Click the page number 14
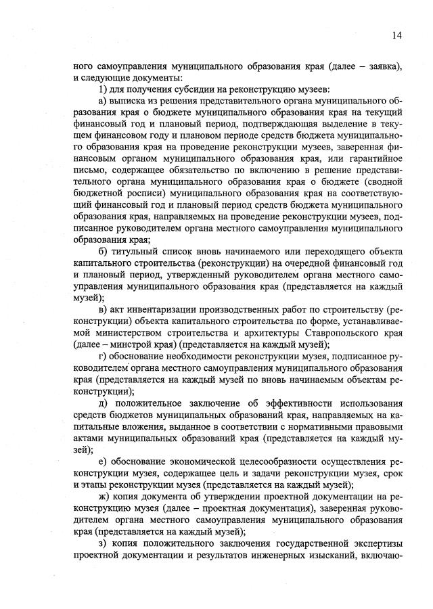pyautogui.click(x=396, y=35)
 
